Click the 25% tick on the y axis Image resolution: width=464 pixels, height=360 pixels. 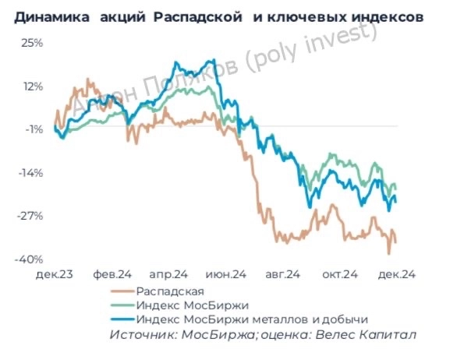point(32,43)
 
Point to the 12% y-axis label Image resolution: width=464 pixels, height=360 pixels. point(32,86)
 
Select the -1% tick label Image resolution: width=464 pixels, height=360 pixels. point(34,129)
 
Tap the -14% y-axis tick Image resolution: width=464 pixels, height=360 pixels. point(31,173)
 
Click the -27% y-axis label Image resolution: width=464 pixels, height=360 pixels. point(31,216)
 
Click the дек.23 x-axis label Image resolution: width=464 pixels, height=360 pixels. point(55,274)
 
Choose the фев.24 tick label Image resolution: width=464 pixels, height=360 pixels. point(112,274)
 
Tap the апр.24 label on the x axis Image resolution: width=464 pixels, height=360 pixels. point(169,274)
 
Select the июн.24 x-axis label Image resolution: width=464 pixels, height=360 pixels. point(226,274)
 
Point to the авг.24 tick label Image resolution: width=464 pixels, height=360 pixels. point(283,274)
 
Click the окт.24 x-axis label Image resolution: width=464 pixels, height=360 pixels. point(340,274)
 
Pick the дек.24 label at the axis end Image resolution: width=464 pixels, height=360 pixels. point(396,274)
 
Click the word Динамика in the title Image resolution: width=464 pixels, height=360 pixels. point(48,16)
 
